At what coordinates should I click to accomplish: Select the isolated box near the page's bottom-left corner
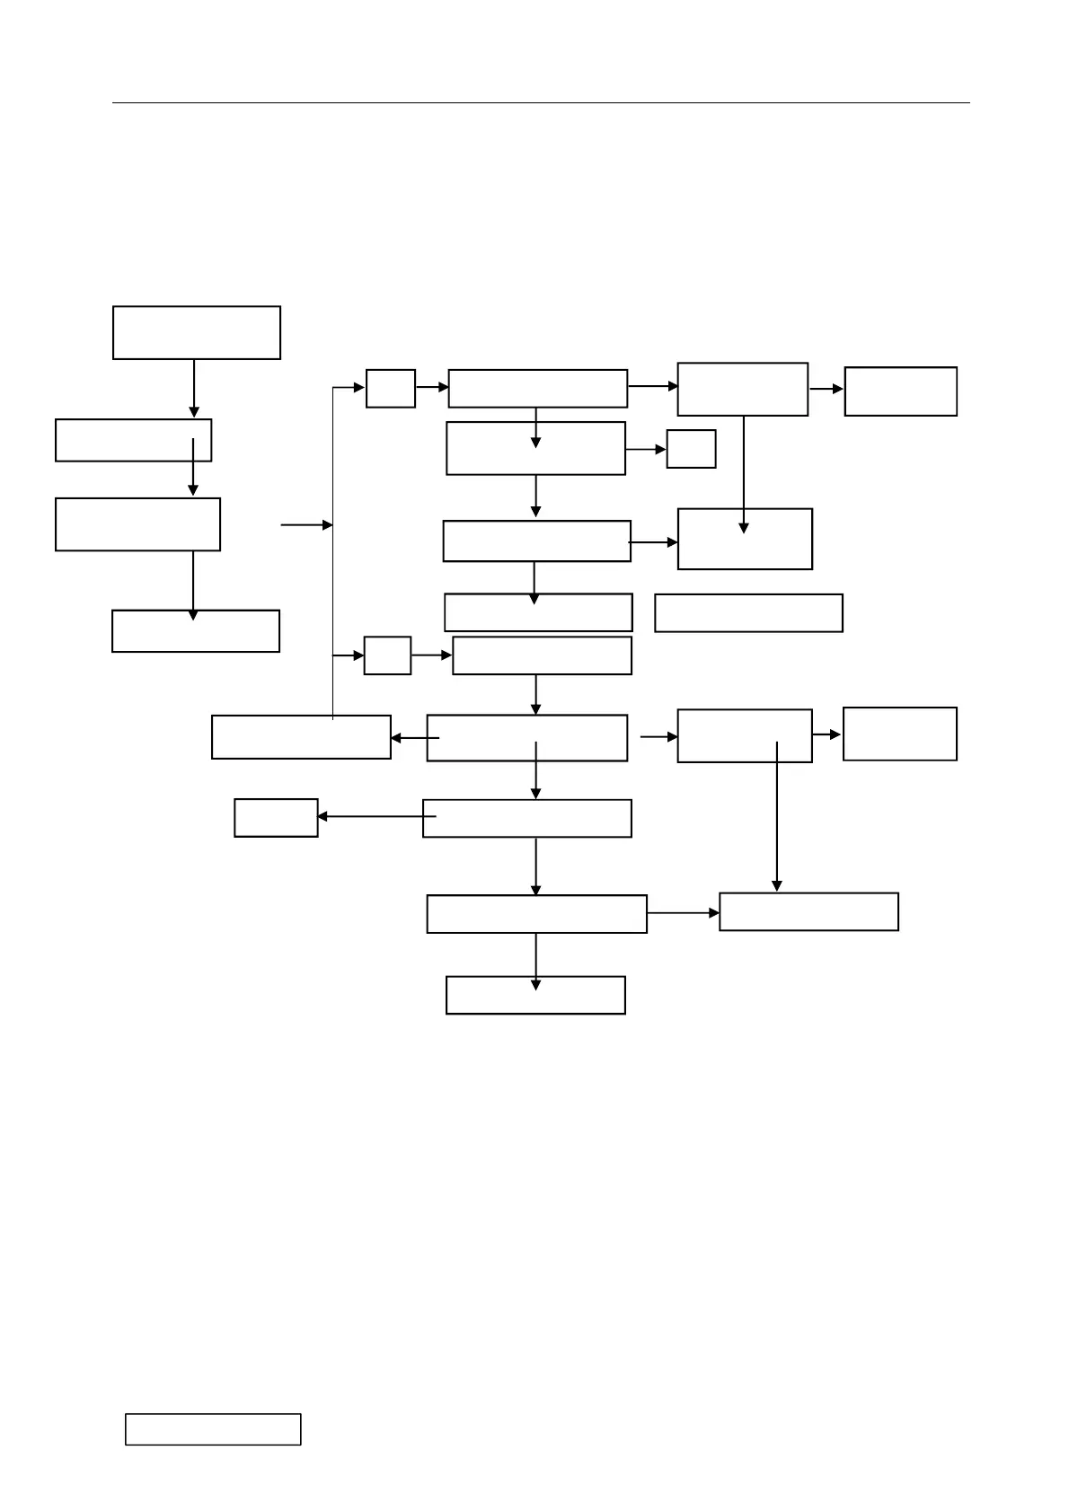pos(213,1428)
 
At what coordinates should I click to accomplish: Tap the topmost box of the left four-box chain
pos(196,332)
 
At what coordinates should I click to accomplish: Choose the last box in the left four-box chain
pos(195,631)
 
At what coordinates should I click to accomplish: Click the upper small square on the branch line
pos(391,388)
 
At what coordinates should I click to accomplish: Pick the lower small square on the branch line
pos(387,655)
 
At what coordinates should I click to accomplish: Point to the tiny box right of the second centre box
pos(691,448)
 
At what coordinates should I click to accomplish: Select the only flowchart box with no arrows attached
pos(748,613)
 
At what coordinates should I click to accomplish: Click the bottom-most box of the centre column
pos(535,995)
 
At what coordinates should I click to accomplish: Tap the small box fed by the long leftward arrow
pos(276,818)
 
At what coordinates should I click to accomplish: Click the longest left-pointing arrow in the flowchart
pos(377,817)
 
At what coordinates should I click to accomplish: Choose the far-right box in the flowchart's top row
pos(900,391)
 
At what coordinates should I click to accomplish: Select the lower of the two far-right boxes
pos(899,734)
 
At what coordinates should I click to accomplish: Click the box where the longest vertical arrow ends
pos(808,911)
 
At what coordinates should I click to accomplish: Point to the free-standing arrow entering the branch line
pos(306,524)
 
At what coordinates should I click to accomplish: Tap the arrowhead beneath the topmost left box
pos(194,412)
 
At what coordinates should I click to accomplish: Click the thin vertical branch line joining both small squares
pos(333,539)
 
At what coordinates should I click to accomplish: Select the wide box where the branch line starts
pos(301,737)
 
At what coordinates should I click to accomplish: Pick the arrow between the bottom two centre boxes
pos(536,959)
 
